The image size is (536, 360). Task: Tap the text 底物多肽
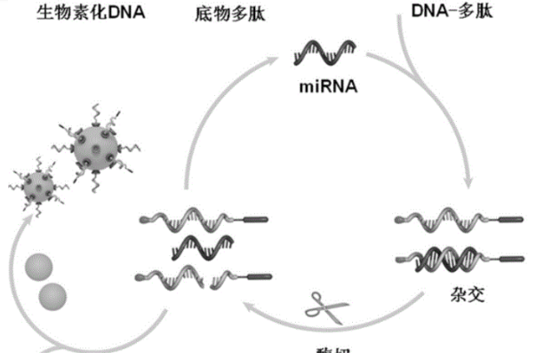click(x=222, y=15)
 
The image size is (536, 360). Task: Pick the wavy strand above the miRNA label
click(x=328, y=55)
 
